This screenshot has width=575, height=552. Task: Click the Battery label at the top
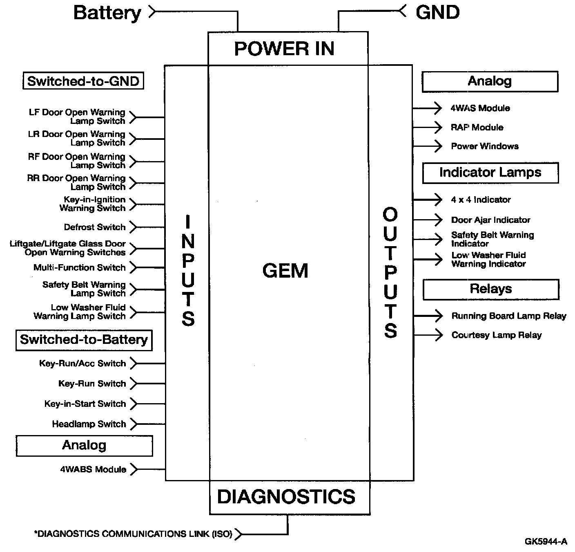click(x=107, y=13)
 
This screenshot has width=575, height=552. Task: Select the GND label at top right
click(x=437, y=12)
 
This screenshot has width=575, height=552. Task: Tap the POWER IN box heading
click(x=284, y=49)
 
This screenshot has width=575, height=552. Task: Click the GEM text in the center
click(x=285, y=271)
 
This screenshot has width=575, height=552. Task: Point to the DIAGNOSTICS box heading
click(x=286, y=496)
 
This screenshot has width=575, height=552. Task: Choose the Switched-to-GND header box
click(x=83, y=81)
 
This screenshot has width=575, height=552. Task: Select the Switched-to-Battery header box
click(x=84, y=340)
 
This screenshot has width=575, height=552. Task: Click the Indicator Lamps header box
click(x=490, y=173)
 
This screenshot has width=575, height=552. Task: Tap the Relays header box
click(x=490, y=289)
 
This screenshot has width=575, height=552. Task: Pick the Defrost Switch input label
click(x=95, y=227)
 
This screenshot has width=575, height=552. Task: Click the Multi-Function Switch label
click(x=80, y=267)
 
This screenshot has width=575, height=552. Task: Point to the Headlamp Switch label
click(x=89, y=424)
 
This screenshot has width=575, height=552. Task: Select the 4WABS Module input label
click(x=93, y=469)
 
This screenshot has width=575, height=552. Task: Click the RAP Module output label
click(x=477, y=127)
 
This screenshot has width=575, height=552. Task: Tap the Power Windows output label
click(x=485, y=146)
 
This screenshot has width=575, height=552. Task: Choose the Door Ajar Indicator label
click(x=490, y=220)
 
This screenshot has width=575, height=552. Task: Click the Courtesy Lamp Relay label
click(x=496, y=335)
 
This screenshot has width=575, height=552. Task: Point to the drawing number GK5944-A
click(x=546, y=541)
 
